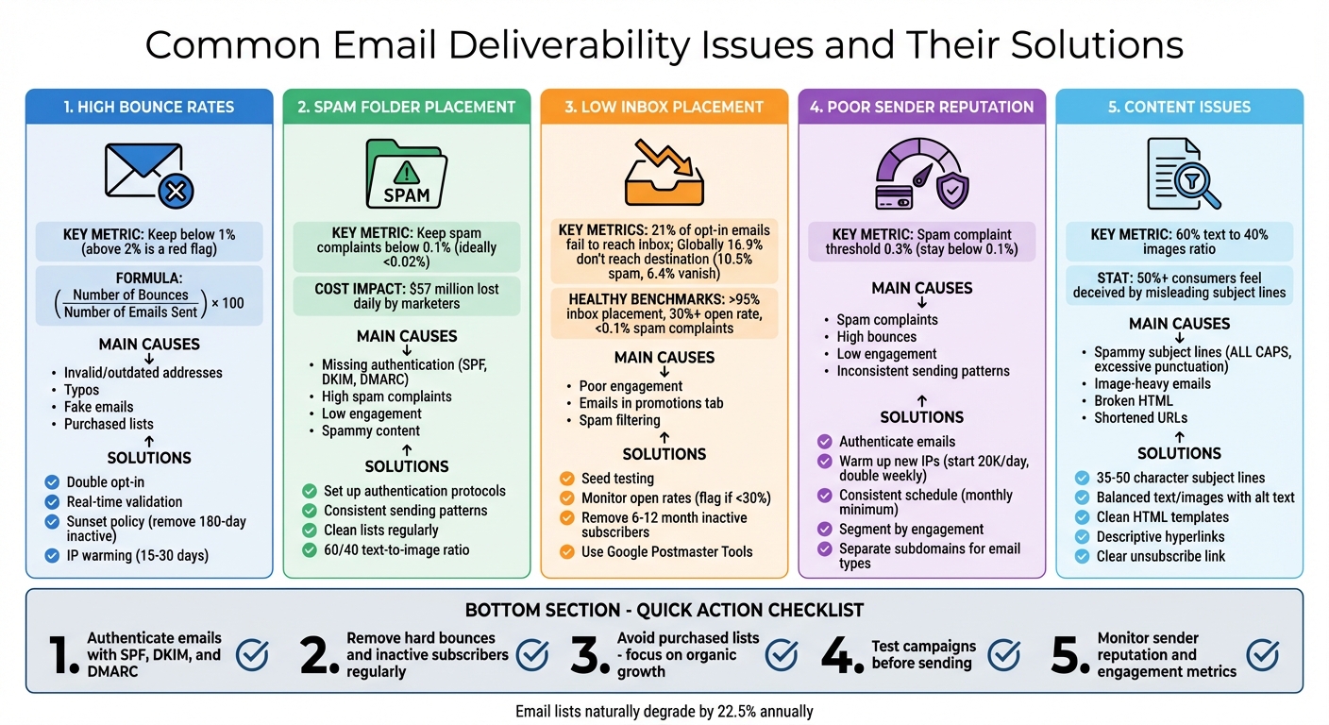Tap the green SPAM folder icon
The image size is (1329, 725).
tap(406, 175)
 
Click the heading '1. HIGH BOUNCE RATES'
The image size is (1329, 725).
tap(149, 108)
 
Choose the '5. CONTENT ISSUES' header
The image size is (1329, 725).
tap(1179, 108)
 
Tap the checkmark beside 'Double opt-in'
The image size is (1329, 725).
tap(53, 482)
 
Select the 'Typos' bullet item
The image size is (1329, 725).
tap(81, 390)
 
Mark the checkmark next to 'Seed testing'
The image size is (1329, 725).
tap(567, 479)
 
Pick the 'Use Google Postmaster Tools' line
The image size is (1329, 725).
tap(666, 551)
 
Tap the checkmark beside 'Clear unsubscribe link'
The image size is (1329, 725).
tap(1083, 556)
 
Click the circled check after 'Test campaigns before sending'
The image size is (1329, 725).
tap(1003, 654)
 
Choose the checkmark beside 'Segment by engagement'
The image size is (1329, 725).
tap(825, 530)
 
